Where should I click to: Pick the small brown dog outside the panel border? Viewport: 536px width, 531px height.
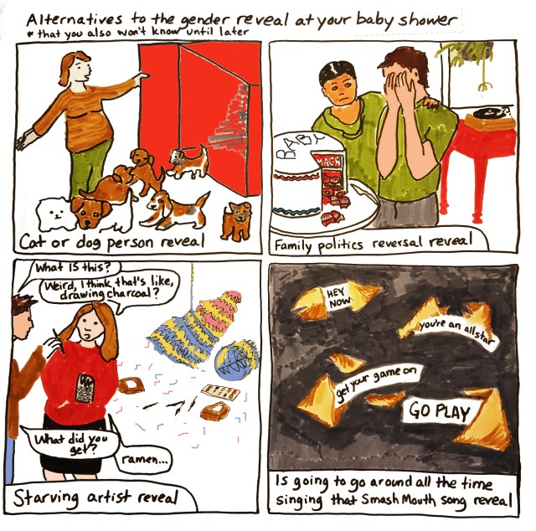click(x=236, y=219)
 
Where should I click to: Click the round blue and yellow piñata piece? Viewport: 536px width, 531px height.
click(x=235, y=359)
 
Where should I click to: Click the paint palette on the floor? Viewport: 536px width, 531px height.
click(x=221, y=392)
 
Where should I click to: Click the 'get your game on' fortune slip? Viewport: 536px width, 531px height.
click(x=376, y=382)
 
